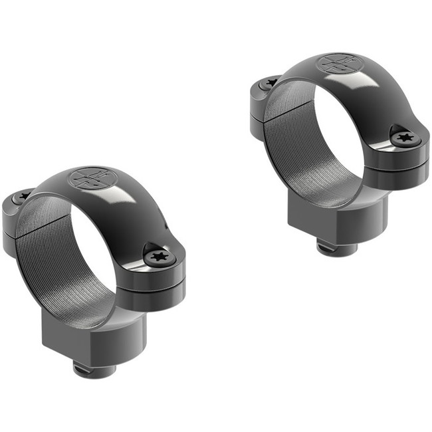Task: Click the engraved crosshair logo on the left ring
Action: click(92, 177)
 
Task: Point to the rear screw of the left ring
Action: click(24, 197)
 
